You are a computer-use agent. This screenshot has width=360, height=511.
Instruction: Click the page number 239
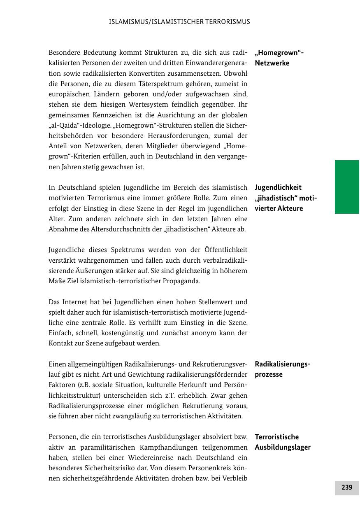[x=347, y=488]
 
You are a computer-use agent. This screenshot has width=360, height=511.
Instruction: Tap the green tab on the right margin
[x=347, y=187]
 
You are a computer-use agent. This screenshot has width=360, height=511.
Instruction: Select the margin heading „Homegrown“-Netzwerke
[x=279, y=58]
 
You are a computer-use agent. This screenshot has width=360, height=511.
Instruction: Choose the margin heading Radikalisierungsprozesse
[x=282, y=369]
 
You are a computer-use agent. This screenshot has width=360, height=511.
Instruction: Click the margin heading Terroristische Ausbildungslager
[x=282, y=442]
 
